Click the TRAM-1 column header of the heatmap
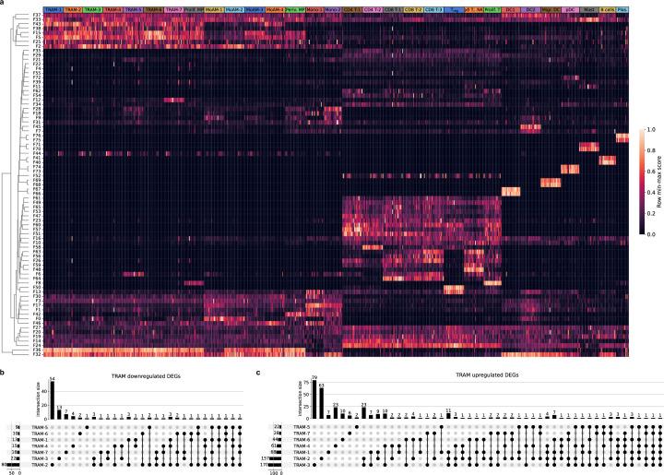53,7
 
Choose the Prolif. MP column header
195,7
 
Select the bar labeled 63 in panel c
322,399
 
